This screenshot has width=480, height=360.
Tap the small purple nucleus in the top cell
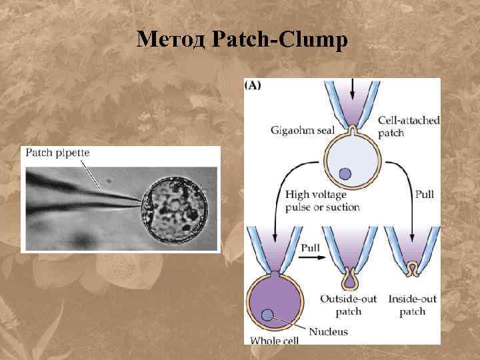point(345,174)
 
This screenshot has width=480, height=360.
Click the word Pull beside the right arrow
point(425,194)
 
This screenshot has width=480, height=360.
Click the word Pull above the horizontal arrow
point(310,247)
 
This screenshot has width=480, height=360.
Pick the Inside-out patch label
point(413,305)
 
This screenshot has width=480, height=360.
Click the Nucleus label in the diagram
point(329,331)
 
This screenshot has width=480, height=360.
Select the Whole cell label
point(274,340)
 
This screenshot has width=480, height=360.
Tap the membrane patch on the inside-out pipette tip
point(413,269)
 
